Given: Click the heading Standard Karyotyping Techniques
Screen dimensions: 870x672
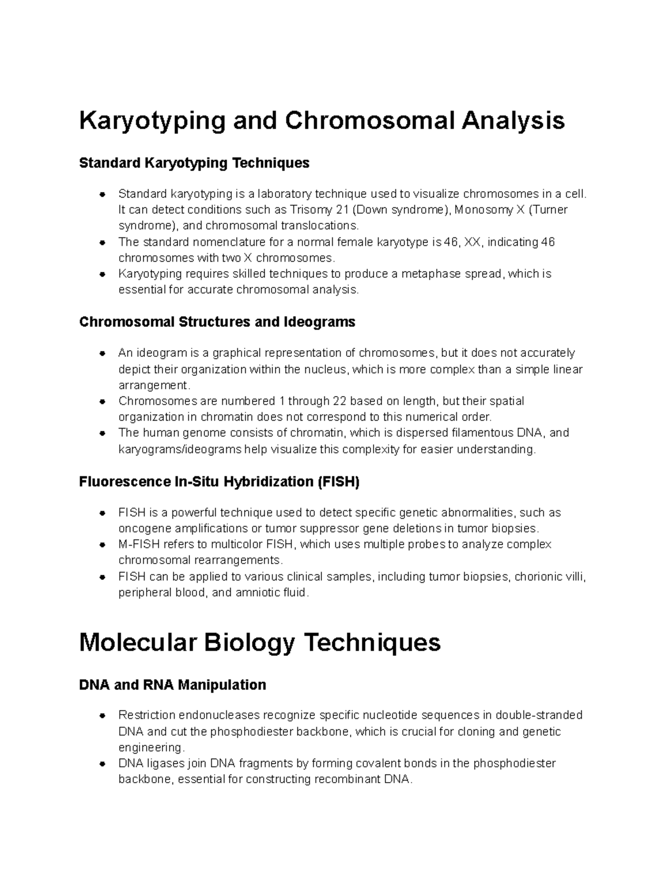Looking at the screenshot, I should [194, 163].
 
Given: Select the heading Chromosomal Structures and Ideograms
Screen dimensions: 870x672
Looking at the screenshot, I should [217, 322].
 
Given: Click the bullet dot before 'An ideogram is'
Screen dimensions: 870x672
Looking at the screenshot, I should [102, 353].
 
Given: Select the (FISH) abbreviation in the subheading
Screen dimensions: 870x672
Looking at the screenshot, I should [338, 482].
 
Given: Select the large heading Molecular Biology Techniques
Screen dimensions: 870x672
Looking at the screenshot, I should [260, 643].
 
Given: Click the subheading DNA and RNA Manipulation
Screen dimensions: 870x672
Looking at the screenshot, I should [172, 685].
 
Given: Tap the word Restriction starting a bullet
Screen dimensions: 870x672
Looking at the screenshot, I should [147, 715].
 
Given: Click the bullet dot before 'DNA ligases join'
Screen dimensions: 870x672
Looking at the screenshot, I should [102, 764].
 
